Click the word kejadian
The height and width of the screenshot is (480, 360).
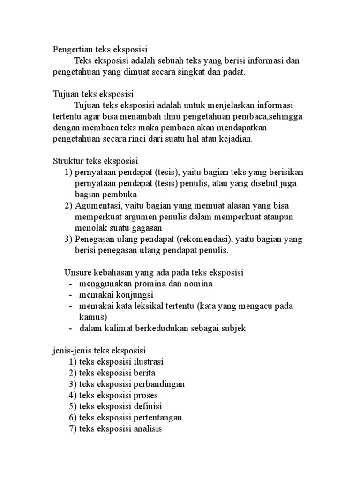(235, 139)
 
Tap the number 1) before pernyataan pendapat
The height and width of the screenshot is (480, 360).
(68, 172)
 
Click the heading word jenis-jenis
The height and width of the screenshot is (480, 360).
(72, 351)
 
